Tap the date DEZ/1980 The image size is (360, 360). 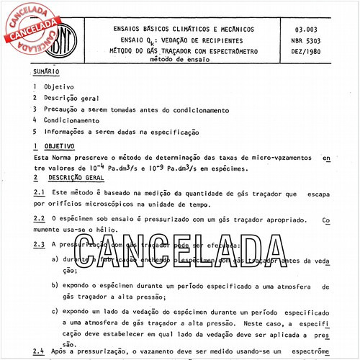314,53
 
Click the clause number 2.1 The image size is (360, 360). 40,193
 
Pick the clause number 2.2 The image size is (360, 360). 40,217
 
